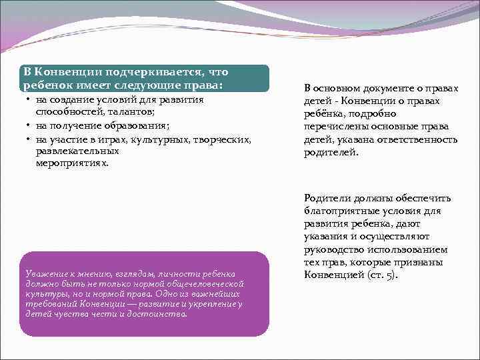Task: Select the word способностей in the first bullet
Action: tap(67, 111)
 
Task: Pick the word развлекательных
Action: tap(73, 151)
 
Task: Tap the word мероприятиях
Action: tap(71, 162)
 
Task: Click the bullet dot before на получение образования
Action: tap(29, 125)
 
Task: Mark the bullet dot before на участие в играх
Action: tap(29, 139)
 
